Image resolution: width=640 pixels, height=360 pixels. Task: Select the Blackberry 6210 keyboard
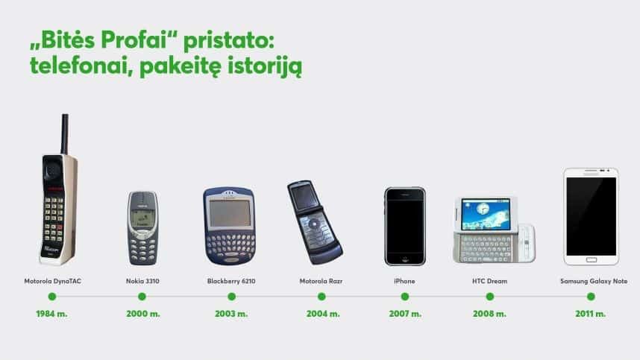tap(228, 244)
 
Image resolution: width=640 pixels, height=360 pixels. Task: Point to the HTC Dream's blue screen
tap(481, 214)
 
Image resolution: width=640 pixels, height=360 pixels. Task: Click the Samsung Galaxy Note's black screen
tap(591, 216)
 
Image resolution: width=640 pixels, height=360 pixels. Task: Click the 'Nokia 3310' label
tap(142, 282)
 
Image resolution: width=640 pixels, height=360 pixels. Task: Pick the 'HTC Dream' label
tap(489, 282)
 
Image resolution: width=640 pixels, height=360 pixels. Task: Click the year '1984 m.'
tap(51, 314)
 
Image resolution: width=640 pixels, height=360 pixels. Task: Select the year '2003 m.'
tap(231, 314)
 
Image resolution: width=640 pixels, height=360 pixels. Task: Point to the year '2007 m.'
tap(404, 314)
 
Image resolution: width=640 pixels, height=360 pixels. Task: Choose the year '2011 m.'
tap(590, 314)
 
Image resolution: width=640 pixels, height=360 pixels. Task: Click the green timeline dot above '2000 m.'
tap(142, 297)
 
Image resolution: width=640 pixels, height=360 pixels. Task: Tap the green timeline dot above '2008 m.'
tap(489, 297)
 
